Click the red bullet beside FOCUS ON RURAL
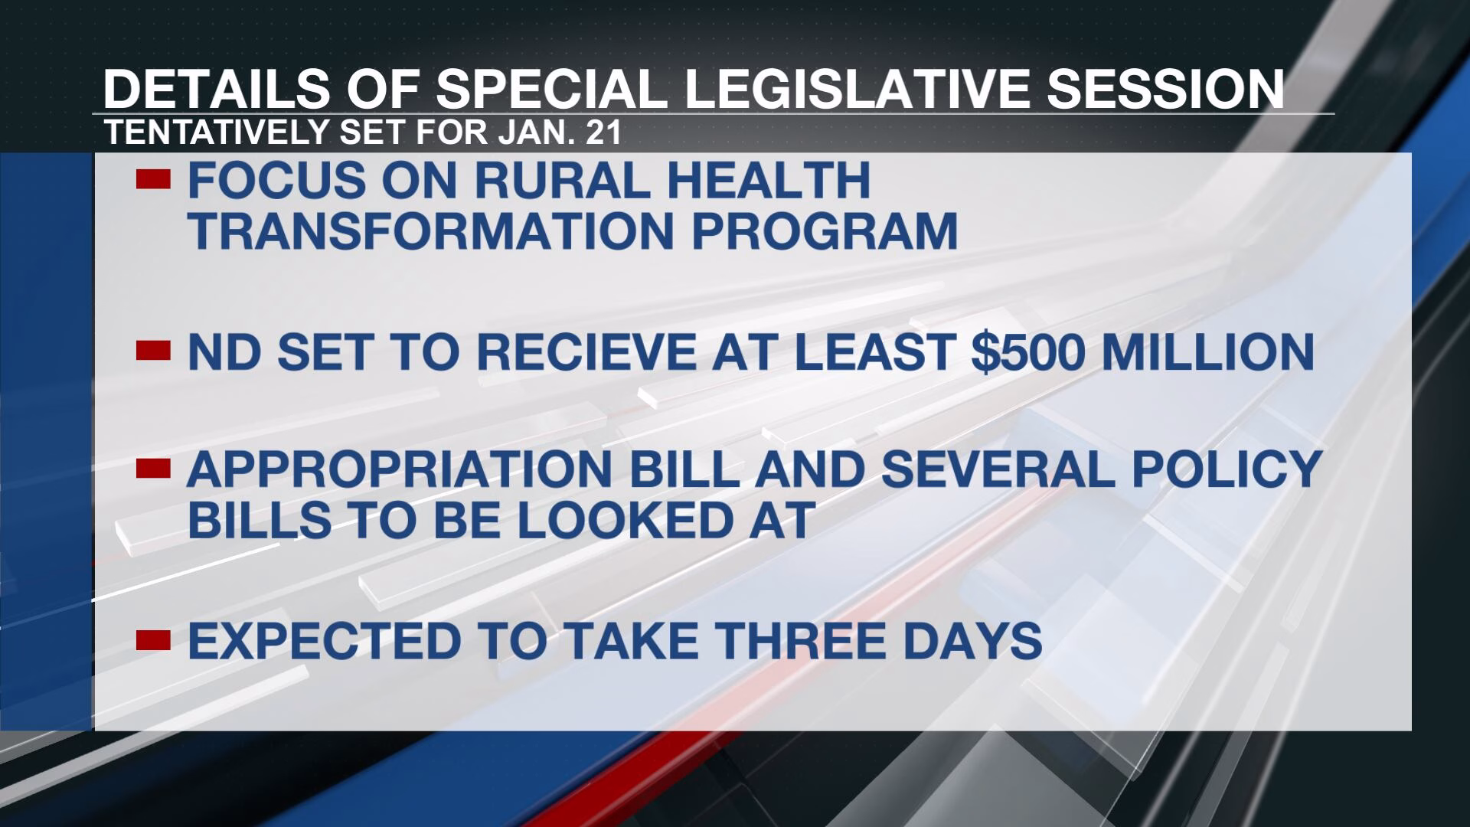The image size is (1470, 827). pos(153,179)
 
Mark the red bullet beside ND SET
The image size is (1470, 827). pos(153,351)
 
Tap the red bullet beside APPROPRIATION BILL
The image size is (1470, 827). pos(153,468)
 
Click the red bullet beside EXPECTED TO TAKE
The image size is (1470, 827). pos(153,639)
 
